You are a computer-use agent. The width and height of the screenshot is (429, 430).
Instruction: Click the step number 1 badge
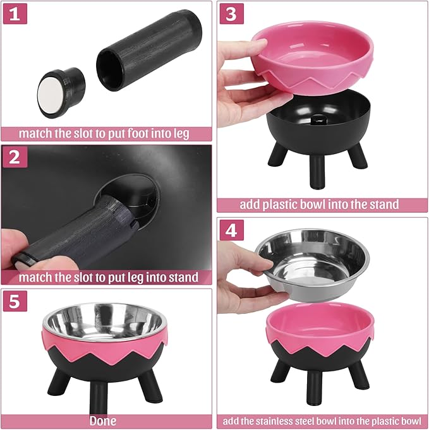click(x=16, y=14)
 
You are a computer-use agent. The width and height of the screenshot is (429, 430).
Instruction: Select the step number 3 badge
click(x=232, y=14)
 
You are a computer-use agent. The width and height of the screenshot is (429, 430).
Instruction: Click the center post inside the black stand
click(x=314, y=119)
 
